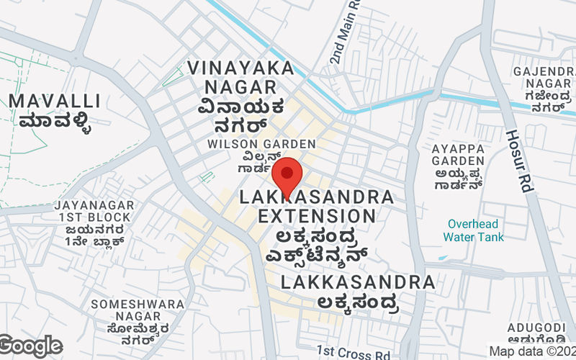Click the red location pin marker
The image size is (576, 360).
(287, 175)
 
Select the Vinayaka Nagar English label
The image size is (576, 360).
(241, 77)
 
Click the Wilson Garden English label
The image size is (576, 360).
(261, 144)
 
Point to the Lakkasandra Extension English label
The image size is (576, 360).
(317, 206)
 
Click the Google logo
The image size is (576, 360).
(30, 346)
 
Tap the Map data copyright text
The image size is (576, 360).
(532, 351)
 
